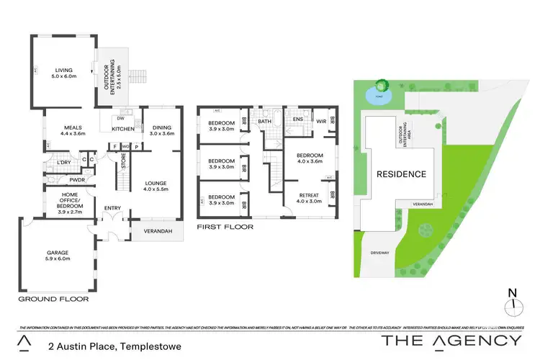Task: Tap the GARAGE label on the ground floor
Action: [x=58, y=253]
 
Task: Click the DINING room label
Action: [x=161, y=129]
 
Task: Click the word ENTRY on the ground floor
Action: [x=113, y=209]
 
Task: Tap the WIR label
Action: [x=321, y=122]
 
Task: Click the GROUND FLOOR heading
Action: [x=53, y=297]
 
